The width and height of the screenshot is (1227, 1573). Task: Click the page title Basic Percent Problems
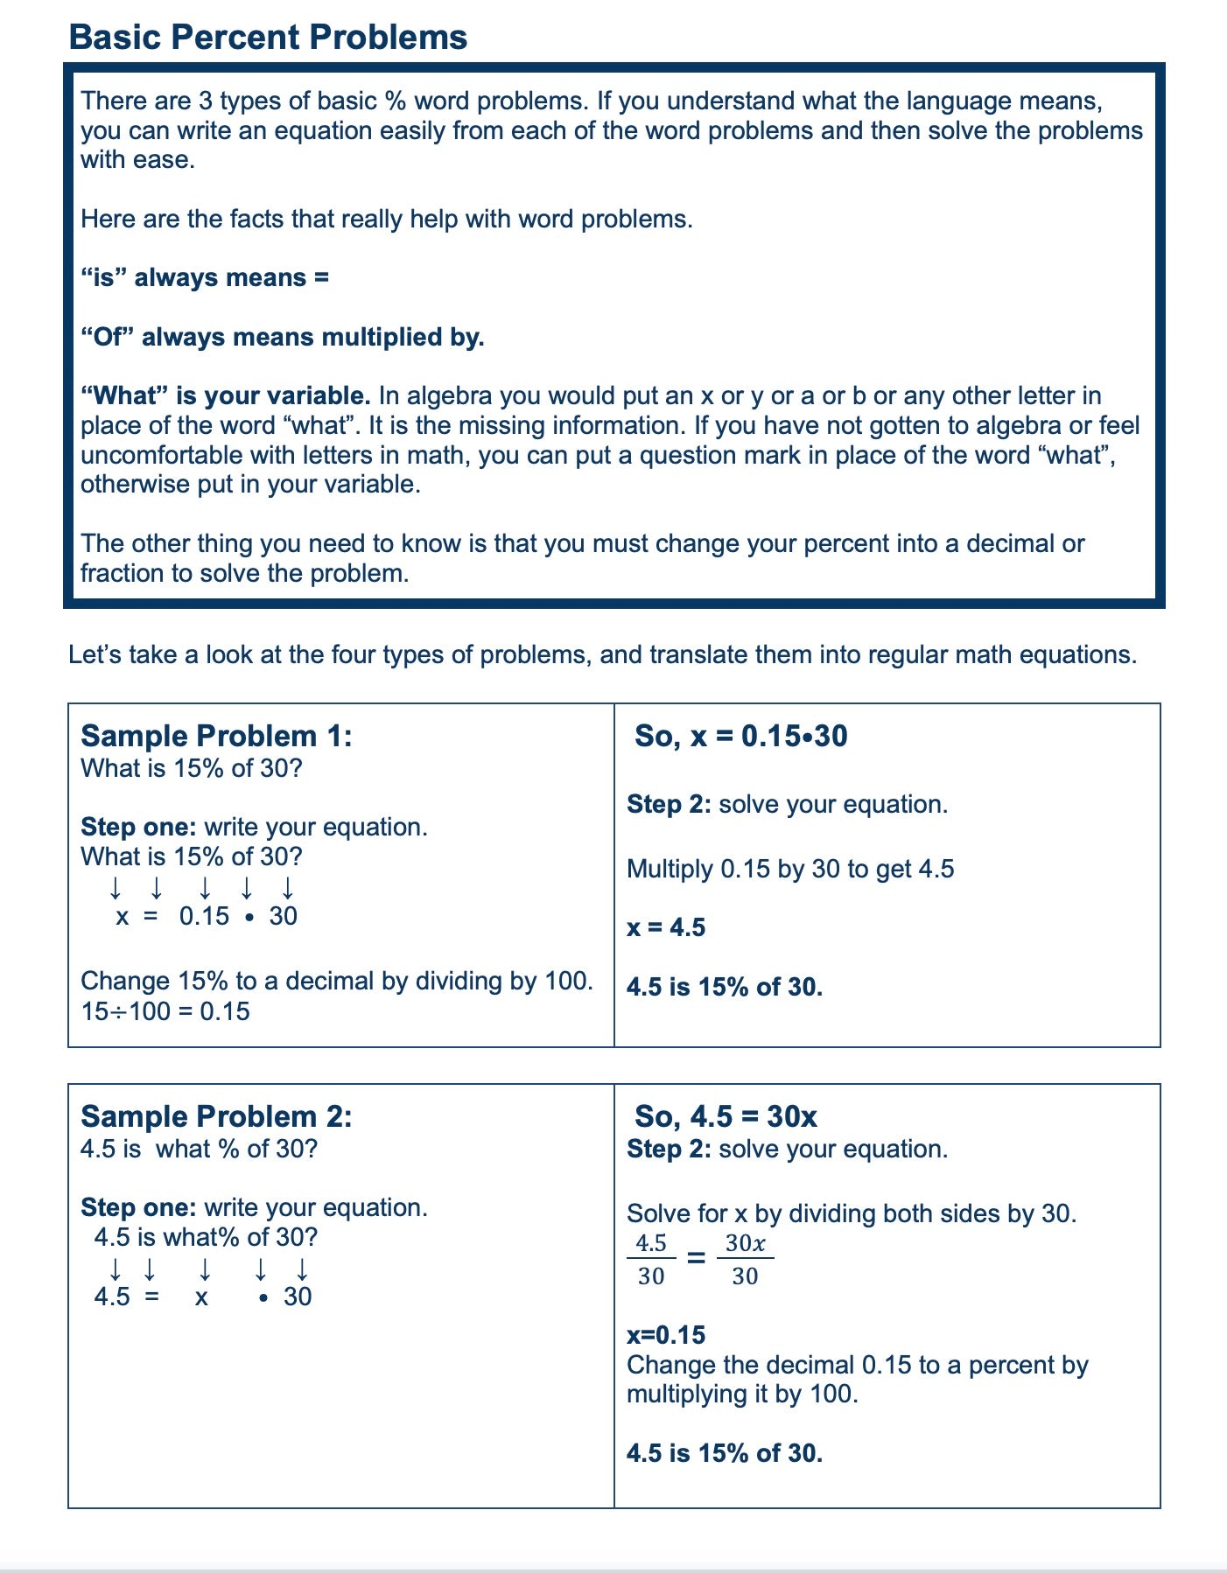point(268,38)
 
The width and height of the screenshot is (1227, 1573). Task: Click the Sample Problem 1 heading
point(216,736)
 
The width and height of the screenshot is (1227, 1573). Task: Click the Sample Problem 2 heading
point(216,1116)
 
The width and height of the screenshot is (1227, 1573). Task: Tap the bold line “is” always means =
point(205,277)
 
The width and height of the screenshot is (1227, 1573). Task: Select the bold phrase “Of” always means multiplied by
point(282,337)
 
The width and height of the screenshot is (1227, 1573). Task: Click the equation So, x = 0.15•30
point(740,736)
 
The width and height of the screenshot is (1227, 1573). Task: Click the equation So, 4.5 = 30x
point(726,1116)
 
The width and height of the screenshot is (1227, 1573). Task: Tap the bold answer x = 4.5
point(666,927)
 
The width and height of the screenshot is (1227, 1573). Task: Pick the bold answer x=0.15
point(666,1335)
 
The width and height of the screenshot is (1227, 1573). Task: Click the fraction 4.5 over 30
point(651,1260)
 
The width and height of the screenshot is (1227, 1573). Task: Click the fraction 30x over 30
point(745,1260)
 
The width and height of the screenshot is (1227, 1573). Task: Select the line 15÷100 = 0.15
point(165,1011)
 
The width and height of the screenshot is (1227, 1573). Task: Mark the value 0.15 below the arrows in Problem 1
point(204,916)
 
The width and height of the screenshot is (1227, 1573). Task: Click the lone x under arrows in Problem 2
point(201,1297)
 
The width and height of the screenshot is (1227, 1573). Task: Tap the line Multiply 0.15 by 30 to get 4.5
point(790,869)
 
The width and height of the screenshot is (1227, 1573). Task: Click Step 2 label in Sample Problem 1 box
point(669,804)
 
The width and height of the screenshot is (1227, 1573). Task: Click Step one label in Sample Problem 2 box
point(138,1207)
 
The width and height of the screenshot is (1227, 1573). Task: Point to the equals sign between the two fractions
point(696,1259)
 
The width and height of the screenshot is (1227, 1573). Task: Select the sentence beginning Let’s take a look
point(602,654)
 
